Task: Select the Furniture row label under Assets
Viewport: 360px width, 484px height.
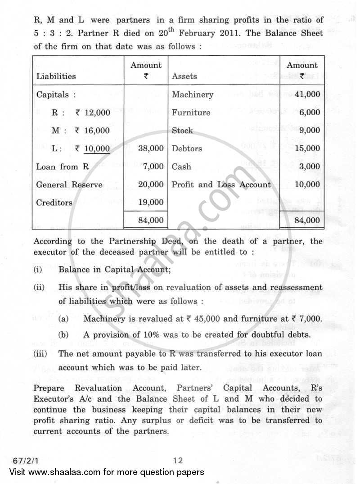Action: (191, 113)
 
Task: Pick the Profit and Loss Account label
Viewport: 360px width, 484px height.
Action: (221, 185)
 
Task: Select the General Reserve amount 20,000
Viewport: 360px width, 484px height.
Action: (151, 185)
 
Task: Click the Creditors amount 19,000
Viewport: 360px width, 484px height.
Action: (151, 203)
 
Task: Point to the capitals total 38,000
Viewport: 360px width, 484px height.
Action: (151, 149)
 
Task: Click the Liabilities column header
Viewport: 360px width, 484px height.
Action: (56, 77)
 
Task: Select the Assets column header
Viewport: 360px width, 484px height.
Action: (184, 77)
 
